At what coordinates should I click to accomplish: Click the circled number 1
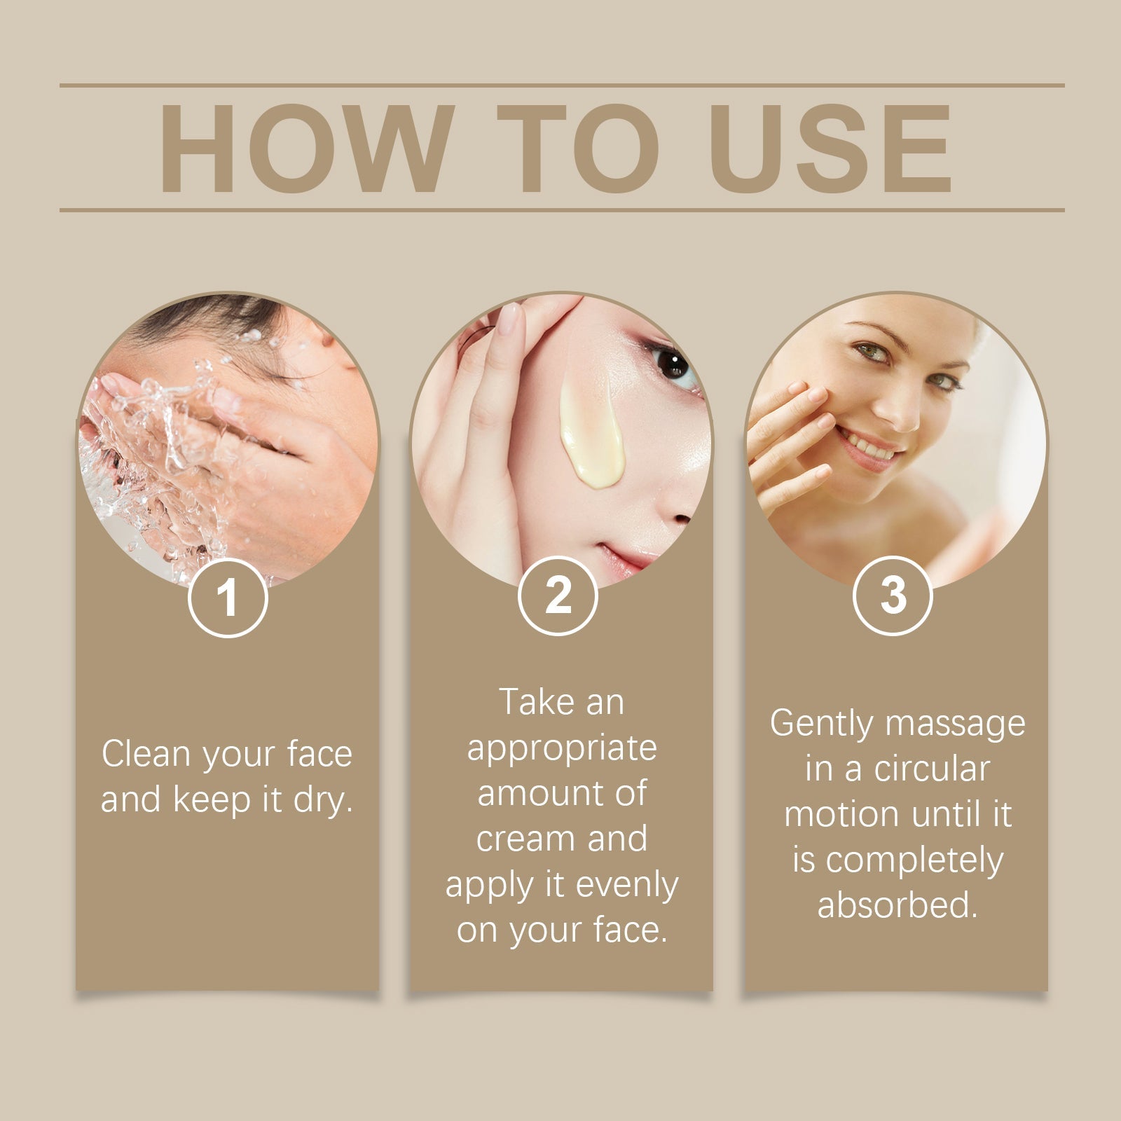tap(228, 598)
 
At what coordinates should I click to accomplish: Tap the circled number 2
tap(558, 596)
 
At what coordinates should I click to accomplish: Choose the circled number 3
tap(893, 596)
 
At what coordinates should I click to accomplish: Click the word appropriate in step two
tap(562, 749)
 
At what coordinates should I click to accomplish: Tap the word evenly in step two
tap(626, 885)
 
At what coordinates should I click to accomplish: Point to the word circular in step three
tap(931, 769)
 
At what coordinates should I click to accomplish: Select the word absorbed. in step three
tap(897, 905)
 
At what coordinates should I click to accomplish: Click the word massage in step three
tap(955, 724)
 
